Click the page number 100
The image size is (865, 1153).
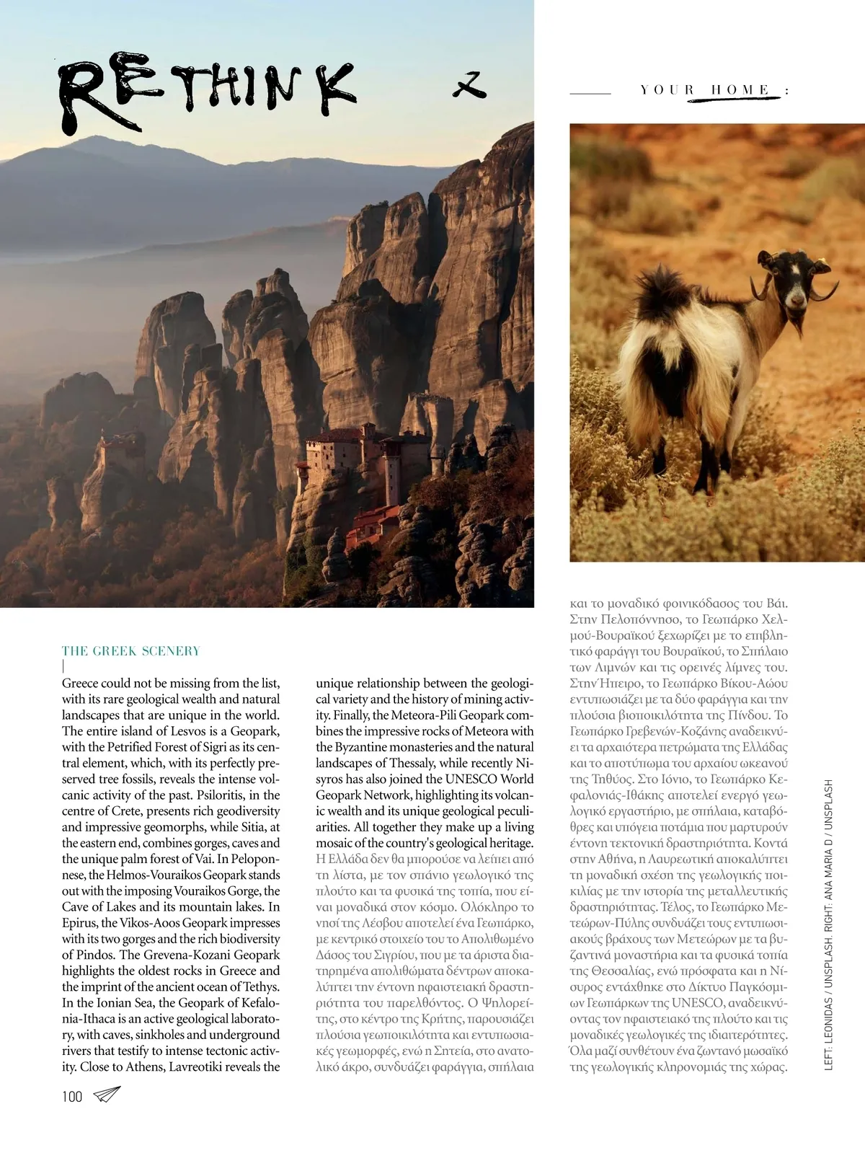pyautogui.click(x=72, y=1097)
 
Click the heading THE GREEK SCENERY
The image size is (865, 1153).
pyautogui.click(x=130, y=651)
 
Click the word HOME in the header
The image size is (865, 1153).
pyautogui.click(x=740, y=90)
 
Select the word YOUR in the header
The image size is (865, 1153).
pyautogui.click(x=667, y=90)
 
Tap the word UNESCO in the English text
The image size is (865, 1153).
pyautogui.click(x=471, y=779)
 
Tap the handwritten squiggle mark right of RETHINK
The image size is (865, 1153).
pyautogui.click(x=469, y=86)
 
